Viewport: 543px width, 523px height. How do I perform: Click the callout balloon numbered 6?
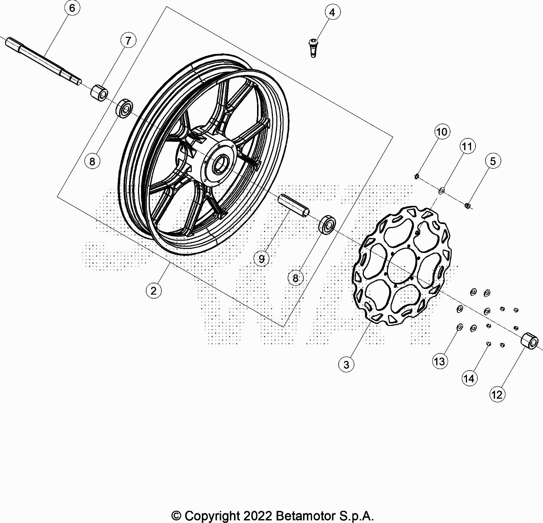[x=72, y=8]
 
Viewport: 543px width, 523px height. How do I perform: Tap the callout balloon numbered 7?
[x=128, y=41]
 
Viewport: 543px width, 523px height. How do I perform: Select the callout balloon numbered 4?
[x=332, y=13]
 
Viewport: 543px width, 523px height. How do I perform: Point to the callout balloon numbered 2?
[x=154, y=291]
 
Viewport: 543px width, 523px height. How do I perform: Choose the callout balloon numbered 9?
[x=261, y=259]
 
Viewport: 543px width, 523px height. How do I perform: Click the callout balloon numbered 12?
[x=497, y=395]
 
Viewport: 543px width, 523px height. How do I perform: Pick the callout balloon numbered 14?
[x=469, y=379]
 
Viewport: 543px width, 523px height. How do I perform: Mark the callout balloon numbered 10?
[x=442, y=132]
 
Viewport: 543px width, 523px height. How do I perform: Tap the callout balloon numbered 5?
[x=493, y=161]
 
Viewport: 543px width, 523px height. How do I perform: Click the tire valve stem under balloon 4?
[x=313, y=48]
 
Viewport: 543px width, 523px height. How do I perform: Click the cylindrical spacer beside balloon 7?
[x=99, y=92]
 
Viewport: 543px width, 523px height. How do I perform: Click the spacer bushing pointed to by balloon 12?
[x=529, y=340]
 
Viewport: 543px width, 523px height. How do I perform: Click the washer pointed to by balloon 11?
[x=441, y=191]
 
